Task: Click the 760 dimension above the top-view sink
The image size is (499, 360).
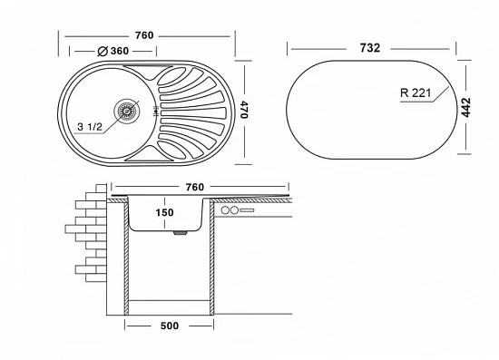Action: tap(144, 35)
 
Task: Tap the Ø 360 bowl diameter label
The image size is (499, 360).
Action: tap(113, 51)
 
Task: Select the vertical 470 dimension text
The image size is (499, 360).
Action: tap(244, 110)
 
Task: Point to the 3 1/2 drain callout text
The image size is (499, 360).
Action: tap(90, 127)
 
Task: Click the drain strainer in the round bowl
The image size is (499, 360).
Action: tap(127, 111)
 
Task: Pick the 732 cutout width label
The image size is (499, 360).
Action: tap(370, 48)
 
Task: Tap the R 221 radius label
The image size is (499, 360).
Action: tap(416, 93)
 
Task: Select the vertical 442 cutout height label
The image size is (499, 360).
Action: tap(466, 108)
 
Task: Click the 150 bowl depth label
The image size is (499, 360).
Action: tap(164, 212)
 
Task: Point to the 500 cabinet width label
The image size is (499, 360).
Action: tap(170, 326)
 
